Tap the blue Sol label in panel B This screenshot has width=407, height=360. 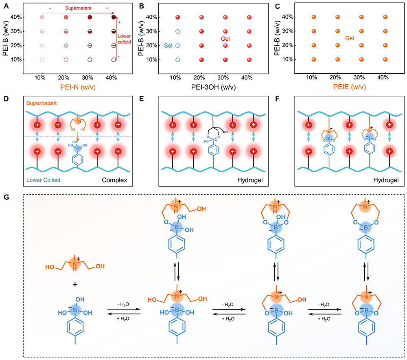click(168, 45)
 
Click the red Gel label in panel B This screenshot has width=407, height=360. click(226, 38)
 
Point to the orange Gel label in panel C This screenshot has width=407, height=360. click(350, 38)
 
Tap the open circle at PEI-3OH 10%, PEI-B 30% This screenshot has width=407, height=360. click(177, 31)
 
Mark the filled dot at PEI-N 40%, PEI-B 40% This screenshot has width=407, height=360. click(114, 17)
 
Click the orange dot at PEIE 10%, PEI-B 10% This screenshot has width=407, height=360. click(314, 59)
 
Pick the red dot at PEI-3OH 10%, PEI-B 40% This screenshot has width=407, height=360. click(177, 17)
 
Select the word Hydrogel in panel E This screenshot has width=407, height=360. click(252, 179)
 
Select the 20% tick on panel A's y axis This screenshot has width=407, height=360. click(21, 46)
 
